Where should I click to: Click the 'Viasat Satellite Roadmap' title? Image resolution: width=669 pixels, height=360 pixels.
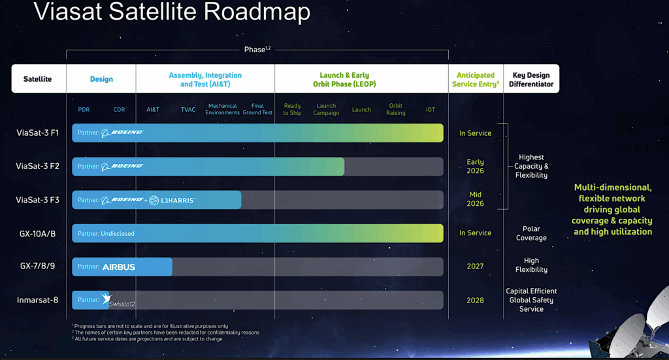coord(171,12)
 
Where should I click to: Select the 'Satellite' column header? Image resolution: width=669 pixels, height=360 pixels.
coord(37,79)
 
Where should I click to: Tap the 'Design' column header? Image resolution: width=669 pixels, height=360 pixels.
coord(101,79)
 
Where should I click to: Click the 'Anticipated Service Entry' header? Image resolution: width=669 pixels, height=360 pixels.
coord(476,79)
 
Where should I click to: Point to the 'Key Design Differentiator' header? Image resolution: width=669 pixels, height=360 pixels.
coord(531,79)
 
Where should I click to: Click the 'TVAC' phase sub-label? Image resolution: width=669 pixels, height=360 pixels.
coord(188,110)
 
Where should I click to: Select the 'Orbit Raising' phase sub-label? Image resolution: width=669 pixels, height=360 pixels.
coord(396,109)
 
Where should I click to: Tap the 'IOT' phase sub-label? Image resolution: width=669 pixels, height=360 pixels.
coord(431,110)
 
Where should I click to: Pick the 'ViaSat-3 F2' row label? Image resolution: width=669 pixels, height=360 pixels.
coord(37,166)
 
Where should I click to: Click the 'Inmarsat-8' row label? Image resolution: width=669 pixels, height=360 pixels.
coord(37,301)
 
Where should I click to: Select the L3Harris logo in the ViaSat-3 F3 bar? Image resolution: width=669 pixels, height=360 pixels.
coord(172,200)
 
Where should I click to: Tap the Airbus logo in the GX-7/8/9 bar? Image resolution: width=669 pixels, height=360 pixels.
coord(119,267)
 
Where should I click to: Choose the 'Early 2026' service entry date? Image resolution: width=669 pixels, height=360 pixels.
coord(475,166)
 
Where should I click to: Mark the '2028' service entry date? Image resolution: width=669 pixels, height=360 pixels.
coord(475,301)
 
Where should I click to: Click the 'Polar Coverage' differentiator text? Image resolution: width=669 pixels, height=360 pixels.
coord(530,233)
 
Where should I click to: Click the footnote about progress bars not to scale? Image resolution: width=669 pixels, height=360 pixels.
coord(150,326)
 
